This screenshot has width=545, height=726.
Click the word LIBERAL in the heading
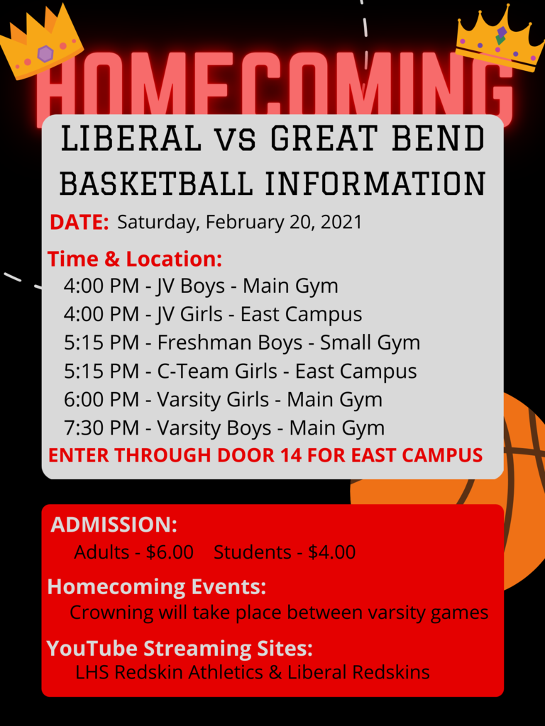coord(131,139)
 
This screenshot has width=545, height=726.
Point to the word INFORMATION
coord(375,183)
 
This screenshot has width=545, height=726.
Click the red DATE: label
coord(79,222)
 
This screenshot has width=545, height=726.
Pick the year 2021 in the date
coord(341,222)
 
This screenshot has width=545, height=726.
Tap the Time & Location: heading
coord(135,259)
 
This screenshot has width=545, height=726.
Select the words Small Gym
coord(370,343)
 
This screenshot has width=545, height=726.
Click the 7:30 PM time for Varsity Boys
coord(101,428)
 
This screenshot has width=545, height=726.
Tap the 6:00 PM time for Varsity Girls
coord(101,400)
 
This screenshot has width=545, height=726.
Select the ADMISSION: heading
coord(114,525)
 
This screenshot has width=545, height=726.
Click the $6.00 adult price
coord(170,552)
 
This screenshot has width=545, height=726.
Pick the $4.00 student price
coord(331,552)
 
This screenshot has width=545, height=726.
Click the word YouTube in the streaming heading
coord(92,649)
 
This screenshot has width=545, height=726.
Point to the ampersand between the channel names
coord(275,672)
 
